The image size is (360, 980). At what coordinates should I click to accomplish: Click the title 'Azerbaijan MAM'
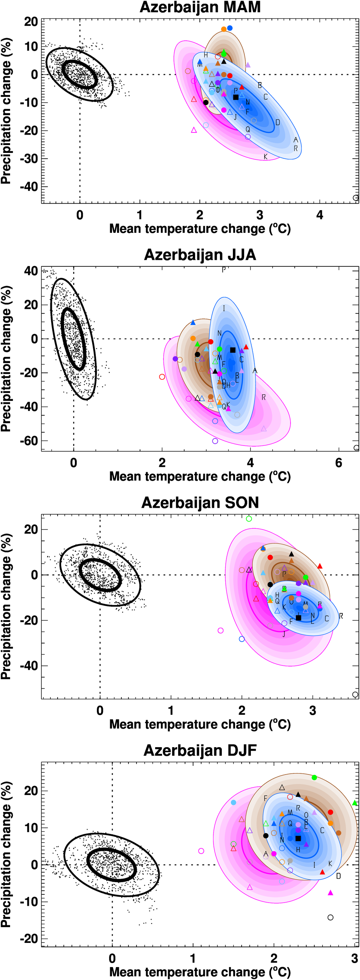tap(200, 7)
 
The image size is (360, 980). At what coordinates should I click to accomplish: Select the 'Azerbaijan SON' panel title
tap(200, 502)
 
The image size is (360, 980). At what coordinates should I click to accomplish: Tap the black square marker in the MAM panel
tap(236, 97)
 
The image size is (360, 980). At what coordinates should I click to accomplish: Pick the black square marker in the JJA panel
tap(233, 350)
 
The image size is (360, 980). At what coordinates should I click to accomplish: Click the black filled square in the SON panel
tap(299, 618)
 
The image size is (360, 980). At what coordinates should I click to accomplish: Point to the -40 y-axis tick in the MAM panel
tap(29, 186)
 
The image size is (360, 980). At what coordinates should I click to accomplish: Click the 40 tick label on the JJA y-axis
tap(31, 271)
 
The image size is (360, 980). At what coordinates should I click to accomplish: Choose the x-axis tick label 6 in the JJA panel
tap(338, 462)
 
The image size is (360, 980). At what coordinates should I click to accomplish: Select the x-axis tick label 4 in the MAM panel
tap(320, 215)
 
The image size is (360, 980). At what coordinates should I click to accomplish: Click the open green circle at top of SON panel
tap(249, 519)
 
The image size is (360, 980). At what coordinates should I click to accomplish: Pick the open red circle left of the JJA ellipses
tap(162, 376)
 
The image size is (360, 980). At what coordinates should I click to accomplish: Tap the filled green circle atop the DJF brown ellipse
tap(314, 777)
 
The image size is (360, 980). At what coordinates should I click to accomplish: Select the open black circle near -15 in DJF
tap(330, 917)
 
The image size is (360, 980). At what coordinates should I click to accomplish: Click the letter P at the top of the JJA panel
tap(224, 270)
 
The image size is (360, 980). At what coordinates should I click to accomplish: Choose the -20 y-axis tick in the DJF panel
tap(29, 938)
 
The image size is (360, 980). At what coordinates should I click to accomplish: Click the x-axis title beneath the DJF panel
tap(200, 972)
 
